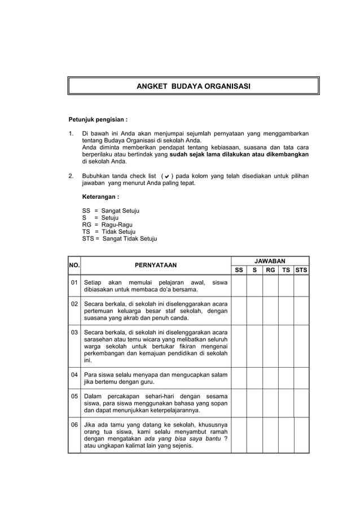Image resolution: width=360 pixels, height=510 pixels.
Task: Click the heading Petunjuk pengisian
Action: (x=98, y=120)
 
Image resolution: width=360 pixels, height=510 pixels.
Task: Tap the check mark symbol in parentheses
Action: (x=168, y=176)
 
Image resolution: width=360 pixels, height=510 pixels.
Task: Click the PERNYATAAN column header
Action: (x=155, y=265)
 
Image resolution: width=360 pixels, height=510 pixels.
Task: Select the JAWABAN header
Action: (x=270, y=260)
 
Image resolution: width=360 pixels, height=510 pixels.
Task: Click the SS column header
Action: (x=239, y=270)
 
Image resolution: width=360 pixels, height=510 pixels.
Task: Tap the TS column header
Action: (x=286, y=270)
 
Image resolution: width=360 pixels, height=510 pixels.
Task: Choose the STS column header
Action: (x=301, y=270)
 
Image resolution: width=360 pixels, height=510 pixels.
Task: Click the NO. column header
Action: (x=74, y=265)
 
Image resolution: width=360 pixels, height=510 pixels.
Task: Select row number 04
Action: (x=74, y=374)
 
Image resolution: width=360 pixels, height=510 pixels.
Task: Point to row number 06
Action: (x=74, y=424)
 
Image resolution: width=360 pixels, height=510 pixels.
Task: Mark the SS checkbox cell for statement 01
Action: (x=239, y=286)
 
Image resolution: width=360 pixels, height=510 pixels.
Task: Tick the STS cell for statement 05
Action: (x=301, y=403)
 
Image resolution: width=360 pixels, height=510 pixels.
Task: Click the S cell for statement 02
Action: (x=254, y=311)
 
